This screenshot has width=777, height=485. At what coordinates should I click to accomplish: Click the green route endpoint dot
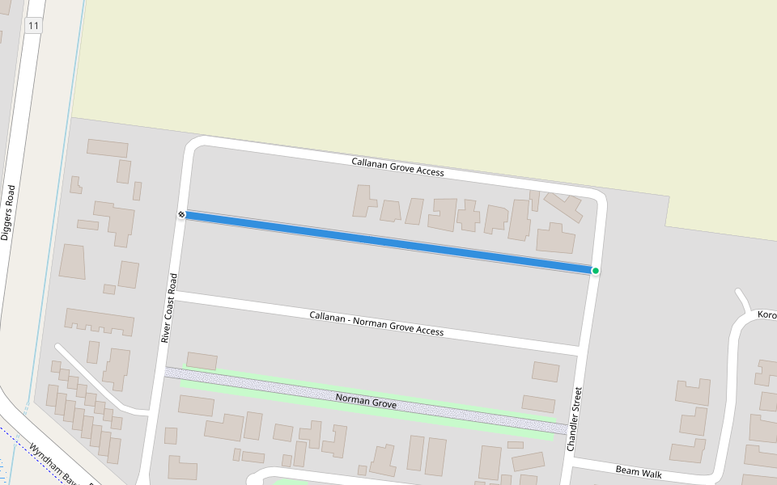tap(596, 271)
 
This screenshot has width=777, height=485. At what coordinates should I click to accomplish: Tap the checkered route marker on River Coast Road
tap(181, 214)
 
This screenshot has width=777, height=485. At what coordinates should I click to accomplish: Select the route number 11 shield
tap(33, 26)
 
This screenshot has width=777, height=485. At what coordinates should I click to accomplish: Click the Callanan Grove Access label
tap(397, 167)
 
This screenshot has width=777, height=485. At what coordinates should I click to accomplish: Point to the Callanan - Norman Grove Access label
tap(376, 323)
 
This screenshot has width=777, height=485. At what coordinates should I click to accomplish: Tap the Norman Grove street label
tap(366, 399)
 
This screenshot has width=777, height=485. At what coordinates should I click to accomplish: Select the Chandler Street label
tap(574, 419)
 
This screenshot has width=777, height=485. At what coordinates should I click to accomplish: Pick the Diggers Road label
tap(8, 213)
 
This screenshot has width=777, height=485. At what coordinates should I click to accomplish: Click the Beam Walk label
tap(639, 471)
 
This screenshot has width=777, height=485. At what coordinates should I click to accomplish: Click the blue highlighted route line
tap(388, 242)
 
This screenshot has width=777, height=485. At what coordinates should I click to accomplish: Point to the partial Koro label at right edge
tap(766, 314)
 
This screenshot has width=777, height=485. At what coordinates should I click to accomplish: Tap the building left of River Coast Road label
tap(128, 275)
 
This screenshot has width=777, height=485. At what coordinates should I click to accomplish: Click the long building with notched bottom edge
tap(100, 321)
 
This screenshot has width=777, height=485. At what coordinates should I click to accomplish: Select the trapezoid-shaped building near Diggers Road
tap(72, 262)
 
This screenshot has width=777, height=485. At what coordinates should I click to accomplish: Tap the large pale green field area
tap(405, 73)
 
